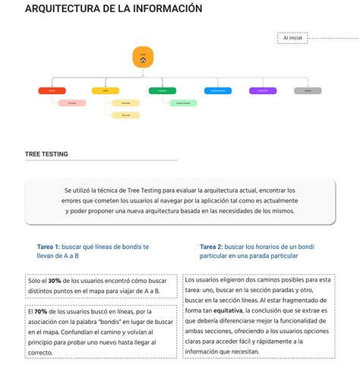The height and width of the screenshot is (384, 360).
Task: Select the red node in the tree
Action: tap(52, 90)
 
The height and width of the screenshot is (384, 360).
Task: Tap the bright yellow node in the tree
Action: tap(105, 90)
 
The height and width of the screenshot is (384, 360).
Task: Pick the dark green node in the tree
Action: tap(163, 90)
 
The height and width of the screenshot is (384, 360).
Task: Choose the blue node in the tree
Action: tap(218, 90)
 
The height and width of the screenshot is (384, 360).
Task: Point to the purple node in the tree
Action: tap(263, 90)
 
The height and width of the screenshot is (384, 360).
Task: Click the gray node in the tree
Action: tap(308, 90)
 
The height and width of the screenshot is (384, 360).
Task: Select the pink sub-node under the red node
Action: tap(71, 102)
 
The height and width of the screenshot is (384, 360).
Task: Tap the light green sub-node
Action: tap(183, 102)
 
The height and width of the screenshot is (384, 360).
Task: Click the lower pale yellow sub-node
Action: tap(125, 115)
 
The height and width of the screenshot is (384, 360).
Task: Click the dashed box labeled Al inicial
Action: tap(292, 37)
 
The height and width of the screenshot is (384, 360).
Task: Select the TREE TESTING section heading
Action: tap(46, 154)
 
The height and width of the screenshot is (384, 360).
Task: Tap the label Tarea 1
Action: tap(48, 247)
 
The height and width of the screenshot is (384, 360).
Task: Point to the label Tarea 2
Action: tap(210, 247)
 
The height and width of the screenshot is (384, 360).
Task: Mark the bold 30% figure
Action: tap(54, 281)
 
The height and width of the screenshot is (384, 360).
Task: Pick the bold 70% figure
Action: tap(41, 311)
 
